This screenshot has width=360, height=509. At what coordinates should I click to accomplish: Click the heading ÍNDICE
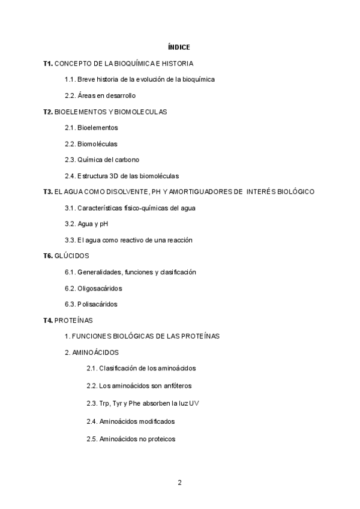coord(179,47)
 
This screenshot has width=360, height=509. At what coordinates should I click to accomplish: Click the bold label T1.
coord(48,63)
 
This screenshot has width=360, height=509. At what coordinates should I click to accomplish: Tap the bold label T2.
coord(48,112)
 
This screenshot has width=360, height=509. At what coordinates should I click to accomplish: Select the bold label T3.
coord(48,191)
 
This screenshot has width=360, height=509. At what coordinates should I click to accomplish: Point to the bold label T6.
coord(48,256)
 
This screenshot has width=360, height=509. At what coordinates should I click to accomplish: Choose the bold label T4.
coord(48,320)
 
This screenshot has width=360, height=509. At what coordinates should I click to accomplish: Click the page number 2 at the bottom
coord(179,483)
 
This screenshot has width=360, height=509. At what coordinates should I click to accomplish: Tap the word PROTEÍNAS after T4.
coord(77,320)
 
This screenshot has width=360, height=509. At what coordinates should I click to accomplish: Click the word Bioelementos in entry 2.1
coord(98,128)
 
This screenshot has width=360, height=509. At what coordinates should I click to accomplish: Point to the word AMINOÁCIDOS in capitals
coord(95,352)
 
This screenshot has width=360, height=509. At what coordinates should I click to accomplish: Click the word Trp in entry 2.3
coord(105,403)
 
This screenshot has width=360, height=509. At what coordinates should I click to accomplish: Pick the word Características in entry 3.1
coord(100,208)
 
